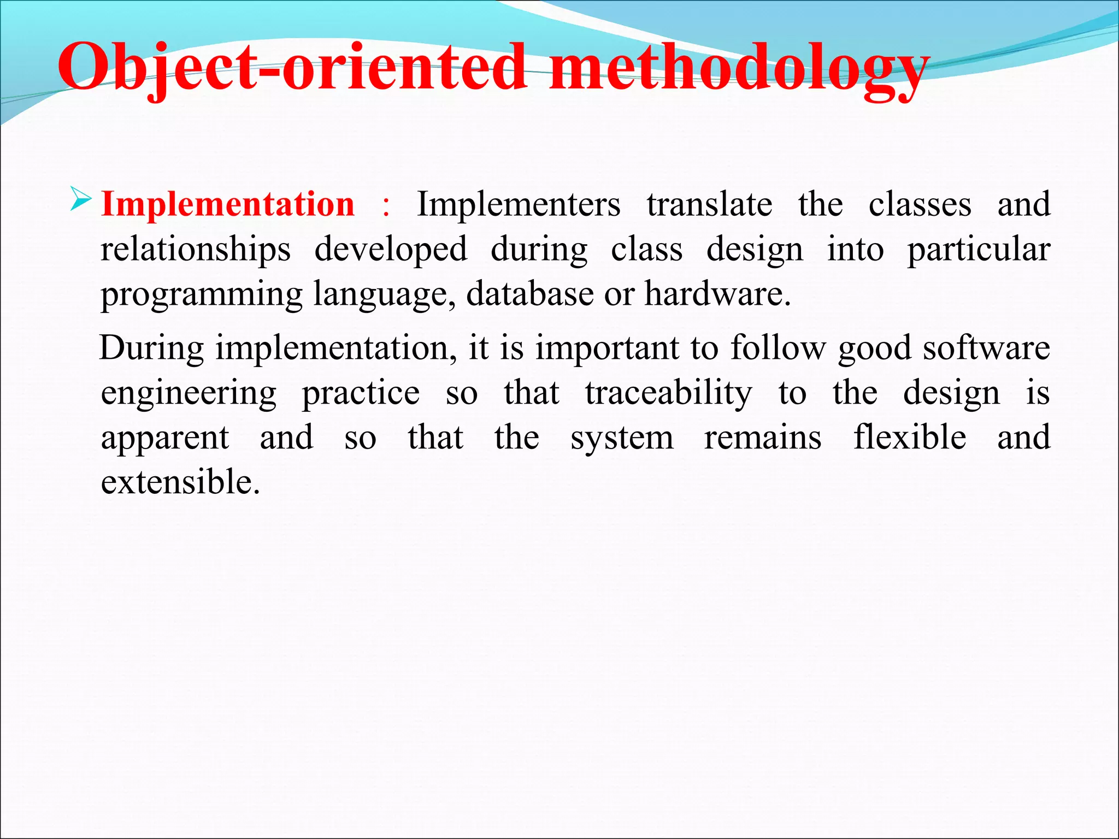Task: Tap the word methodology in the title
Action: tap(738, 68)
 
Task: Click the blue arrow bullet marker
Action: tap(81, 199)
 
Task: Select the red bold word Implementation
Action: tap(228, 205)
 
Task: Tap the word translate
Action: tap(709, 205)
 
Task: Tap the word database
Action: tap(529, 294)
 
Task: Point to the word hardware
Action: tap(717, 294)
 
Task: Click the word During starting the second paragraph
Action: tap(152, 348)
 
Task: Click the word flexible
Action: tap(909, 438)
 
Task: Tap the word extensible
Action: tap(180, 483)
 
